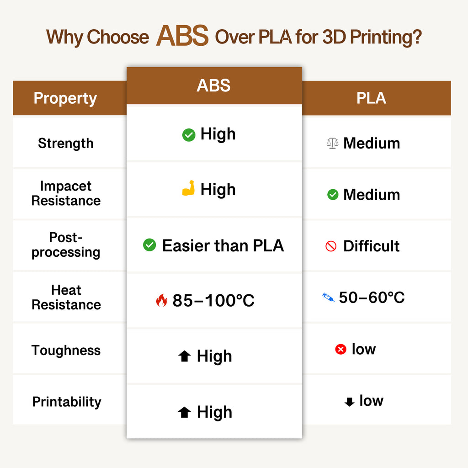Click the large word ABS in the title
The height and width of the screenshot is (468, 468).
(182, 36)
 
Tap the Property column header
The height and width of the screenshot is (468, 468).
(65, 98)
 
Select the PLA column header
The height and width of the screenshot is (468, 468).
(371, 98)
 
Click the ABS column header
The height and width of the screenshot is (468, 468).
(213, 85)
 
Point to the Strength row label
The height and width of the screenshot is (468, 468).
(65, 143)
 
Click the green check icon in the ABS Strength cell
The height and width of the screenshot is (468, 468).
(189, 135)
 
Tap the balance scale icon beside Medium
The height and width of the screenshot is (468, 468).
(333, 143)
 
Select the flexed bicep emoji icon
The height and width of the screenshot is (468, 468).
(188, 189)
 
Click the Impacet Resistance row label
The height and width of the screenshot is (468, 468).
(66, 193)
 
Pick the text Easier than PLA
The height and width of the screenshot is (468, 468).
(223, 246)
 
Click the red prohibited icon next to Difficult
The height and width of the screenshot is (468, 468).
(331, 246)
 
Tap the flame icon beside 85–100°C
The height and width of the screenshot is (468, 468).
(161, 300)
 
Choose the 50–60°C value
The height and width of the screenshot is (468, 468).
(372, 298)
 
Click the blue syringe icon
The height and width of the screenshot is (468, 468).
(329, 298)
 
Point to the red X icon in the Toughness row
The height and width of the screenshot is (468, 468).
(340, 350)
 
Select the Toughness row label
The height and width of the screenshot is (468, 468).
(66, 351)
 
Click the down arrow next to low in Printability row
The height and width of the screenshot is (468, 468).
(349, 402)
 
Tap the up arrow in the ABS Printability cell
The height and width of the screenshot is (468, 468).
(184, 413)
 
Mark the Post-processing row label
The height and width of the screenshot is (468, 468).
(66, 245)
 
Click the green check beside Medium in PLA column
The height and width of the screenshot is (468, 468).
(333, 195)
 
